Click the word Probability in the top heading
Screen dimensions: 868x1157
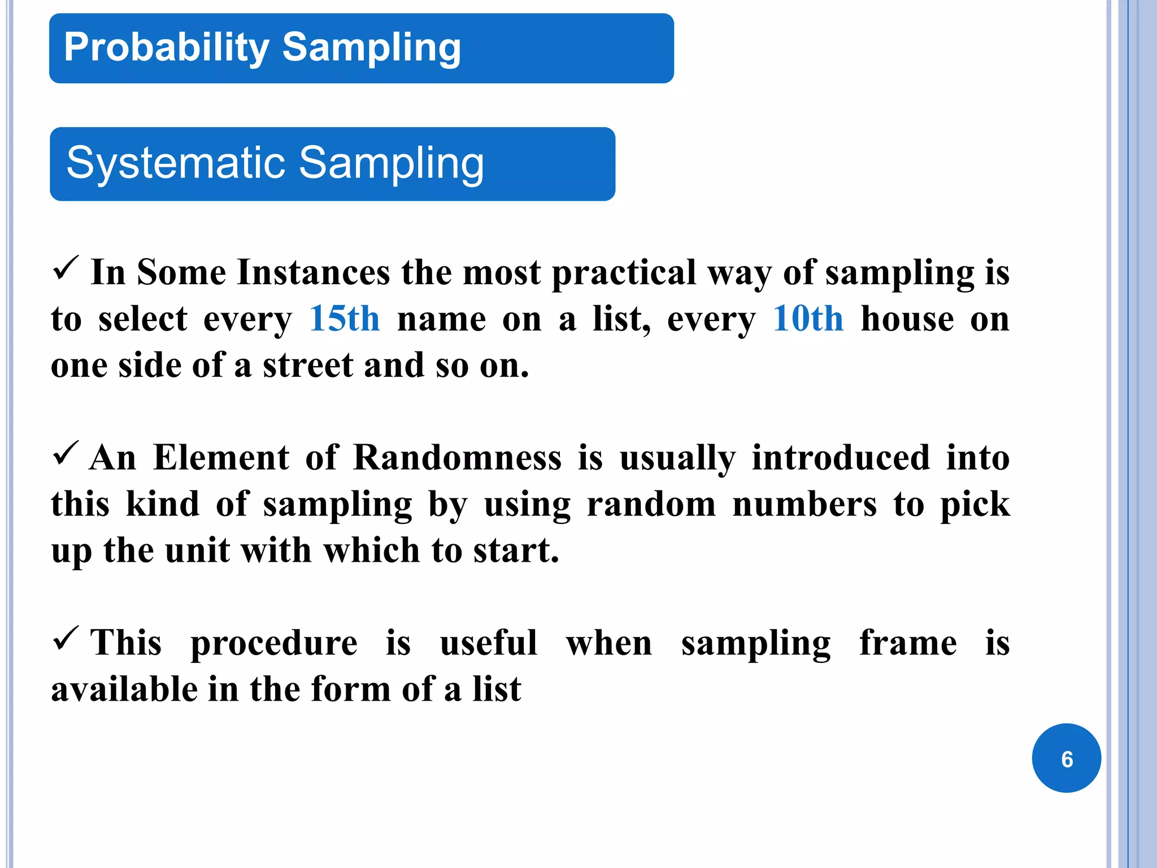point(167,47)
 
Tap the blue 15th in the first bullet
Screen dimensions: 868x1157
point(345,319)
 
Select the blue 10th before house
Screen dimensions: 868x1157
point(808,319)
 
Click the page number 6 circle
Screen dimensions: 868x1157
point(1066,758)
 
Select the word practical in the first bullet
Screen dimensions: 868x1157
point(624,273)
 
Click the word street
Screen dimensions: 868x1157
point(308,366)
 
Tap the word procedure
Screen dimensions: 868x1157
point(274,643)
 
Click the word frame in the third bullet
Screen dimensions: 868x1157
point(908,643)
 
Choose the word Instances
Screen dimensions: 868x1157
point(314,273)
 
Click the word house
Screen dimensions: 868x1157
point(907,319)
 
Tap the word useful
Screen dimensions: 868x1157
point(489,643)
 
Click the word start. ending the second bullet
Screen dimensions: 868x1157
point(516,550)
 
